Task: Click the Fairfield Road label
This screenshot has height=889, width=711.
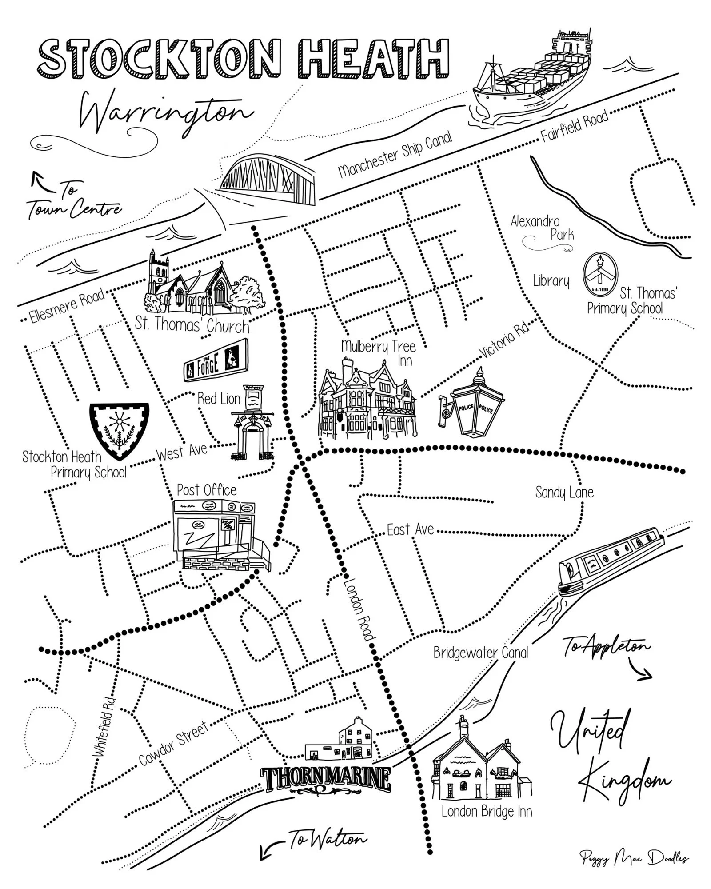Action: pyautogui.click(x=574, y=126)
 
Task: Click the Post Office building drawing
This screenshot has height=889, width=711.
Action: pyautogui.click(x=220, y=536)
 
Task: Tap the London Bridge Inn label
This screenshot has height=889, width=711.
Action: pyautogui.click(x=487, y=811)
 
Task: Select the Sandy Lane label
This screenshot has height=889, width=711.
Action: pyautogui.click(x=564, y=493)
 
